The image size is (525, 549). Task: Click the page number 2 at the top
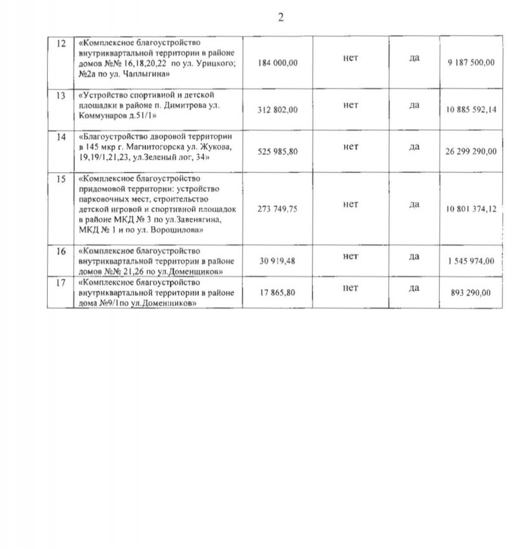pyautogui.click(x=281, y=17)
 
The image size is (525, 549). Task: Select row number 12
pyautogui.click(x=62, y=43)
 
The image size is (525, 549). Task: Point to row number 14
pyautogui.click(x=62, y=138)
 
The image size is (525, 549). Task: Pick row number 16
pyautogui.click(x=62, y=251)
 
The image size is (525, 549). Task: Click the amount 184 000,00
pyautogui.click(x=278, y=63)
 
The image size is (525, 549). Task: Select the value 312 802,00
pyautogui.click(x=278, y=110)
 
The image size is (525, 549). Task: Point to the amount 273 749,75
pyautogui.click(x=278, y=209)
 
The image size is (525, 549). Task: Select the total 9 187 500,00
pyautogui.click(x=470, y=63)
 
